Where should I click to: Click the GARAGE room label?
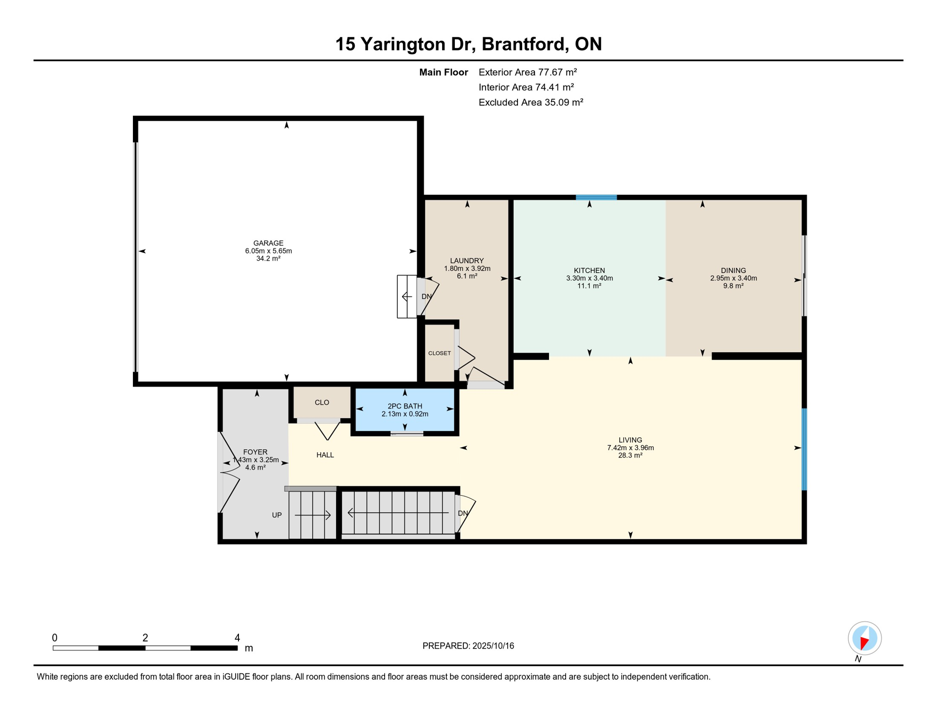click(268, 243)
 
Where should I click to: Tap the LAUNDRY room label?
click(467, 261)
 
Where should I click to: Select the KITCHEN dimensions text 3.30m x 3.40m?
click(589, 278)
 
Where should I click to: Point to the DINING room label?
click(733, 271)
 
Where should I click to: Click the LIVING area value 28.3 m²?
click(630, 455)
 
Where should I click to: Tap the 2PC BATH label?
click(404, 406)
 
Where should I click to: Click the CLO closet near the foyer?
click(322, 403)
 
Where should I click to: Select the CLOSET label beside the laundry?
click(439, 353)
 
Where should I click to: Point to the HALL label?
click(325, 455)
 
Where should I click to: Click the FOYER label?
click(255, 452)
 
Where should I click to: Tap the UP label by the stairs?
click(277, 515)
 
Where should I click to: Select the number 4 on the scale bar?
click(237, 638)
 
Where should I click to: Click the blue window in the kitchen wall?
click(596, 197)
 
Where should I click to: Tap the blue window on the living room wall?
click(804, 450)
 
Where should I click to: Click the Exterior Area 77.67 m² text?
click(527, 72)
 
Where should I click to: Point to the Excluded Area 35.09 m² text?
click(531, 102)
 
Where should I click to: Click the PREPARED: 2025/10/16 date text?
click(468, 646)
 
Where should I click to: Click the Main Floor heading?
click(444, 72)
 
